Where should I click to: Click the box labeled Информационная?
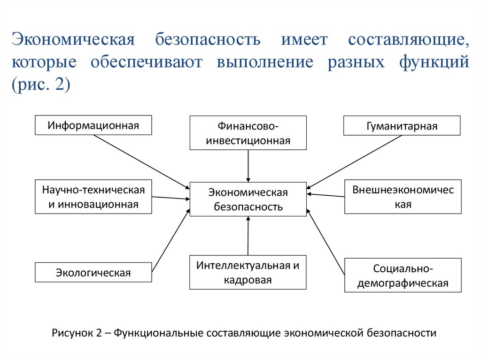93,125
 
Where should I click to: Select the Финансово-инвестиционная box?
248,133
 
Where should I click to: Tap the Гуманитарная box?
402,126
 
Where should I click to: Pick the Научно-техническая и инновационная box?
93,197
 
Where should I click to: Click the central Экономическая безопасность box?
248,199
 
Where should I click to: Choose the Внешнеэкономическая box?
403,197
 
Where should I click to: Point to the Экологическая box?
93,272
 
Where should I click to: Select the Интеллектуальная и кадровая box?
248,272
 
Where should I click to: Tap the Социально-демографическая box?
403,276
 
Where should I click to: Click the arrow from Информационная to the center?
141,161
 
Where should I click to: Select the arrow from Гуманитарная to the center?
355,162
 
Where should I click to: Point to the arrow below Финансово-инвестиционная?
248,166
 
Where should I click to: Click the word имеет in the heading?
304,39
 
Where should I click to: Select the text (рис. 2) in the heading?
41,85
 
